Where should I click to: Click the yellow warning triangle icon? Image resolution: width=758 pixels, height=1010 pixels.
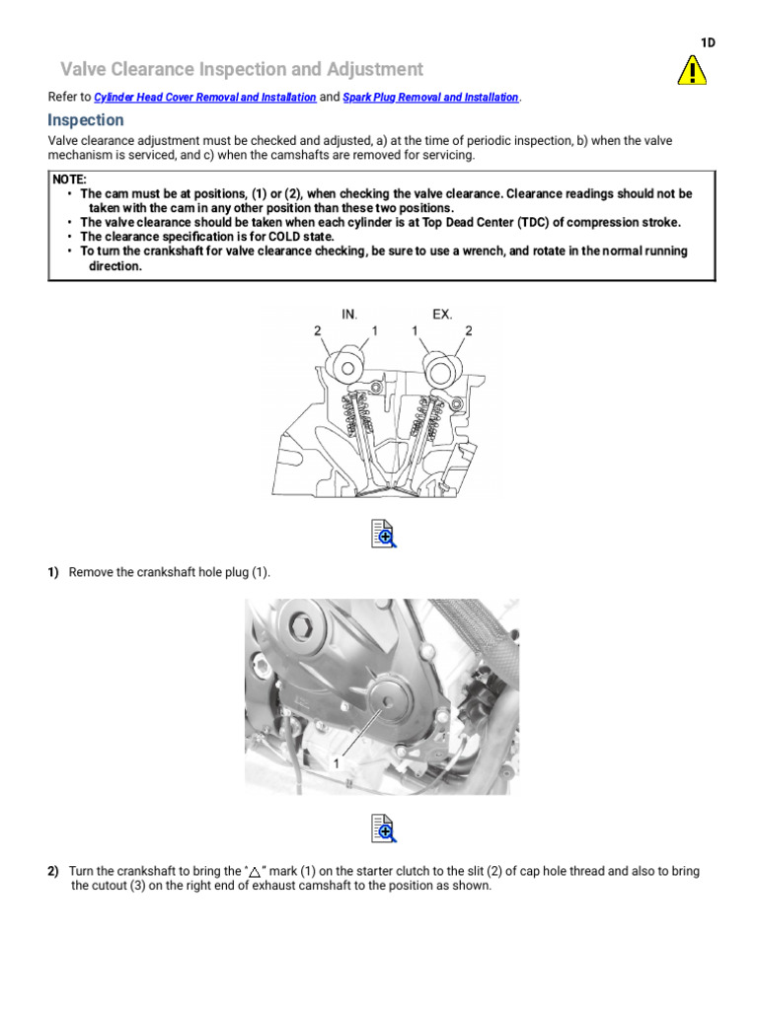pos(692,70)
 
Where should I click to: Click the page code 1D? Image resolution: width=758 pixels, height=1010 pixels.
pos(708,42)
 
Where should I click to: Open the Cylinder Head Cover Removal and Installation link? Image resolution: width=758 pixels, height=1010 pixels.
pos(205,98)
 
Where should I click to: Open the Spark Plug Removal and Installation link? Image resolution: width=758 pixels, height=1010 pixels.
pos(430,98)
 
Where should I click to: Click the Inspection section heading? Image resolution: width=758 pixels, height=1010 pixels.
pos(86,120)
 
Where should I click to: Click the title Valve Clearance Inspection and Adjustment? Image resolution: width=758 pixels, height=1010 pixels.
pos(242,69)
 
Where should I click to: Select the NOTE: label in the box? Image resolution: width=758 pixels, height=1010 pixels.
pos(70,180)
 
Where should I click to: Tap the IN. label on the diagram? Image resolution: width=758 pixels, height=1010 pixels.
pos(349,315)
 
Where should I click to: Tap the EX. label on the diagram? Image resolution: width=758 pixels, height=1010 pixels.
pos(442,315)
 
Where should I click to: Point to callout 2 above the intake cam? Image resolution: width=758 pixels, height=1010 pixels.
pos(318,331)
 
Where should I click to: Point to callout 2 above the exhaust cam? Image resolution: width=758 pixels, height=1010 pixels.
pos(469,331)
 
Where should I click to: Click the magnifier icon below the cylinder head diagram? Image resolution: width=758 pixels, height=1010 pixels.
pos(383,535)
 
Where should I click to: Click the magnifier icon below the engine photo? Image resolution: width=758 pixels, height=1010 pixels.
pos(383,829)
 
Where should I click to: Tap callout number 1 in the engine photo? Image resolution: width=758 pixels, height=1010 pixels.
pos(335,762)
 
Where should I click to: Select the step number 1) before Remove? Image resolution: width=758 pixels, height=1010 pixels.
pos(54,573)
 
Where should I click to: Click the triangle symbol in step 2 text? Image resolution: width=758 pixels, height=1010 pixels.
pos(255,873)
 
